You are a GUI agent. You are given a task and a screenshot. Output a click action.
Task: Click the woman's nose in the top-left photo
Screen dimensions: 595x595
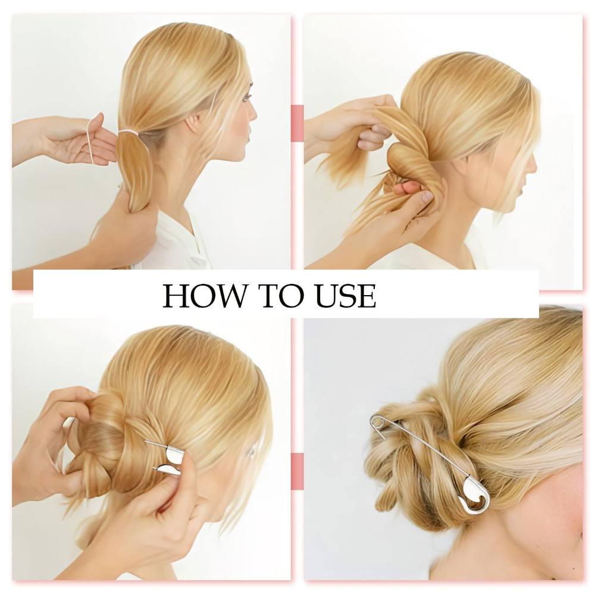(253, 113)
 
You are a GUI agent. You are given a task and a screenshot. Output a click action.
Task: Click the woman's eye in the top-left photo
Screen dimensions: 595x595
(246, 98)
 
